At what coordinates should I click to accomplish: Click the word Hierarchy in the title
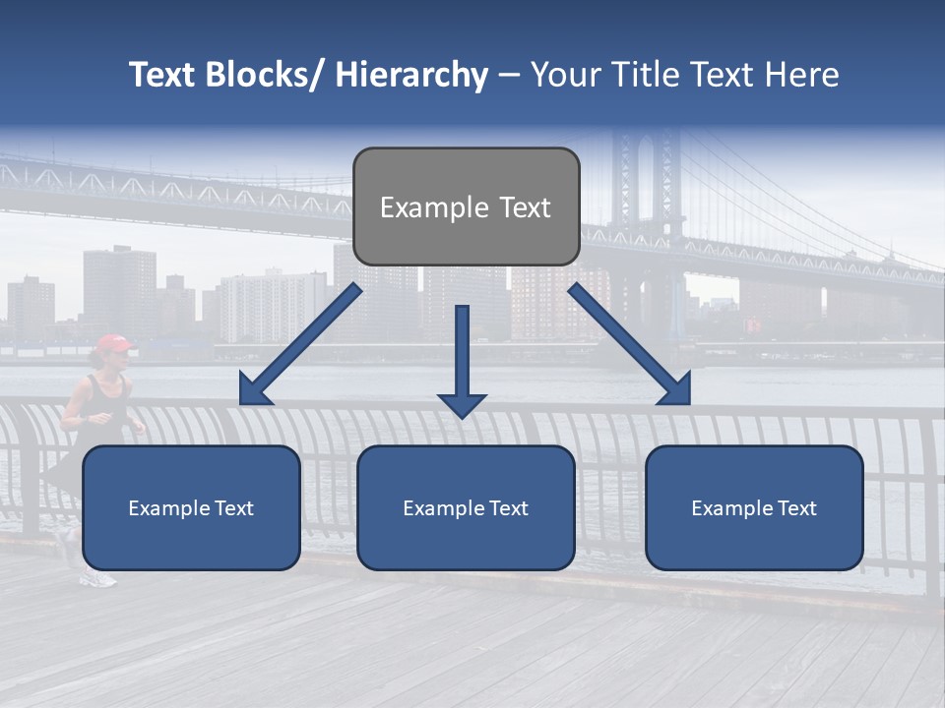click(x=411, y=76)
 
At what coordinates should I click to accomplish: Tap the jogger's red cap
click(x=114, y=343)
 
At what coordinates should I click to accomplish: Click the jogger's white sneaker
click(x=96, y=579)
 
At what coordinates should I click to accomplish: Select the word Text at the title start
click(x=162, y=76)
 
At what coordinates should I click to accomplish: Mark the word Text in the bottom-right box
click(x=796, y=508)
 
